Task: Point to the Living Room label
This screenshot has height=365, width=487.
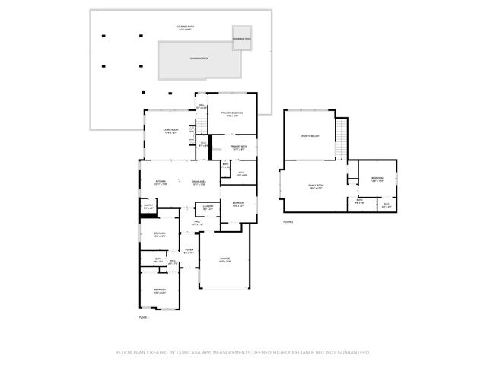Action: pos(170,131)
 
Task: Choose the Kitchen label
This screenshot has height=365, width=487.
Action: pos(161,182)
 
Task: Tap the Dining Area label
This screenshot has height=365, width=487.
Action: pos(199,182)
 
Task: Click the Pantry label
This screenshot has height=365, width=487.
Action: pos(148,206)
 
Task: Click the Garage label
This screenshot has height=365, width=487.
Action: pos(224,261)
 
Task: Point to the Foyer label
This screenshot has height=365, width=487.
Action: pos(188,251)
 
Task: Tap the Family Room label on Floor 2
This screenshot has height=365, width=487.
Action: pos(316,186)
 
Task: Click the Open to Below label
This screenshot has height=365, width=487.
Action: pos(310,135)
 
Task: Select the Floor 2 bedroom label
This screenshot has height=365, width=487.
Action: pos(377,179)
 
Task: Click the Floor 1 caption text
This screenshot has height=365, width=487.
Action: pos(144,316)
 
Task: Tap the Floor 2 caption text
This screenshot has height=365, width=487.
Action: pos(288,222)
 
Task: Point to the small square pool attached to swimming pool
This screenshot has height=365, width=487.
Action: pos(242,39)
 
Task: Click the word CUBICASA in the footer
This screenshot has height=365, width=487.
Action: pos(193,352)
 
